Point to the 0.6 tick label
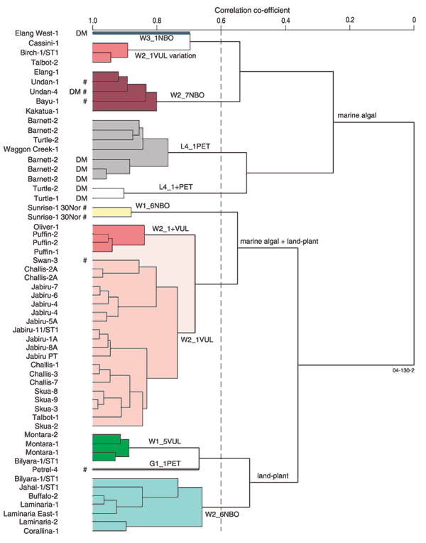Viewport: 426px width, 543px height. coord(221,21)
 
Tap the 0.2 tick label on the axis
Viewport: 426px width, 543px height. coord(350,21)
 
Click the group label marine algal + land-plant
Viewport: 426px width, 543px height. coord(278,242)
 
